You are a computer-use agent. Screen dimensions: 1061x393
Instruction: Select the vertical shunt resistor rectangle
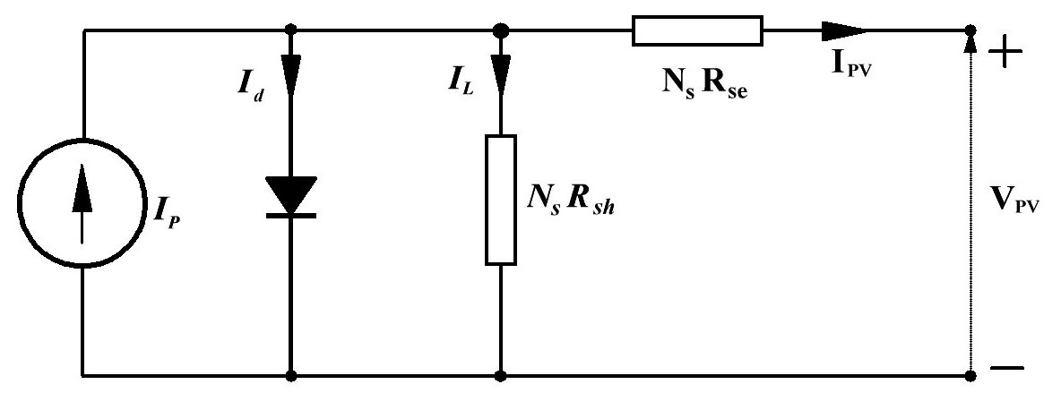click(x=501, y=200)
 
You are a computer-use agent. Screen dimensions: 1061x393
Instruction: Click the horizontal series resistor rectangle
click(x=697, y=30)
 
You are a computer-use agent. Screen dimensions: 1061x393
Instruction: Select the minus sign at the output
click(x=1007, y=368)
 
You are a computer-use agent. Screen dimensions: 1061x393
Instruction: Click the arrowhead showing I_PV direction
click(x=844, y=30)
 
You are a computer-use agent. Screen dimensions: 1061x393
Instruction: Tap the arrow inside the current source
click(x=82, y=202)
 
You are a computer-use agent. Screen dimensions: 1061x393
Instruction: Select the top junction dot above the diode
click(x=291, y=30)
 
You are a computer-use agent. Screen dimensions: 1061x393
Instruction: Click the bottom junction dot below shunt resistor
click(x=501, y=375)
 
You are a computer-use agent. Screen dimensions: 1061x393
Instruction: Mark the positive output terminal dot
click(x=970, y=30)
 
